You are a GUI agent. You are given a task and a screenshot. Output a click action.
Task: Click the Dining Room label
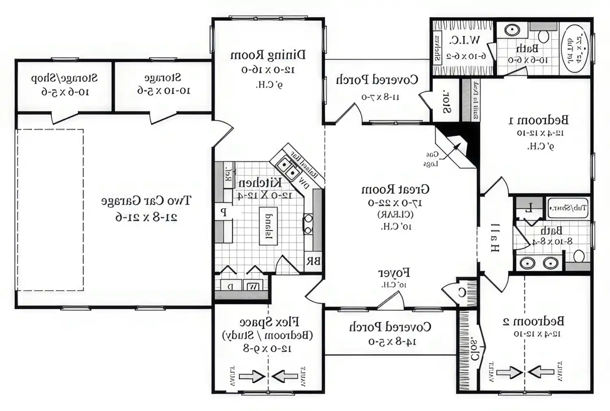click(268, 55)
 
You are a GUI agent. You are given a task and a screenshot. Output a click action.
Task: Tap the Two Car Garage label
click(146, 201)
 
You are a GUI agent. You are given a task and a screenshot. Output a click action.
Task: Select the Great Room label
click(395, 189)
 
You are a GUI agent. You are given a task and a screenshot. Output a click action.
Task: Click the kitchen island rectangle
click(268, 226)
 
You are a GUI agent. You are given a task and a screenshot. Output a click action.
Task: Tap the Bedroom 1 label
click(539, 120)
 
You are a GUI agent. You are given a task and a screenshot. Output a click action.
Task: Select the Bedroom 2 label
click(534, 321)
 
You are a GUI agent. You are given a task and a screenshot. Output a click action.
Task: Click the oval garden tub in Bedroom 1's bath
click(575, 48)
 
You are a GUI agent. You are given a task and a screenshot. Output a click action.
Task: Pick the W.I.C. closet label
click(464, 40)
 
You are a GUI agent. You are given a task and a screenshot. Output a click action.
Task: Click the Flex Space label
click(269, 322)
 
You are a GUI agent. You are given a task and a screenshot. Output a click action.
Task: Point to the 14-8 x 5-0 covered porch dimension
click(392, 341)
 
